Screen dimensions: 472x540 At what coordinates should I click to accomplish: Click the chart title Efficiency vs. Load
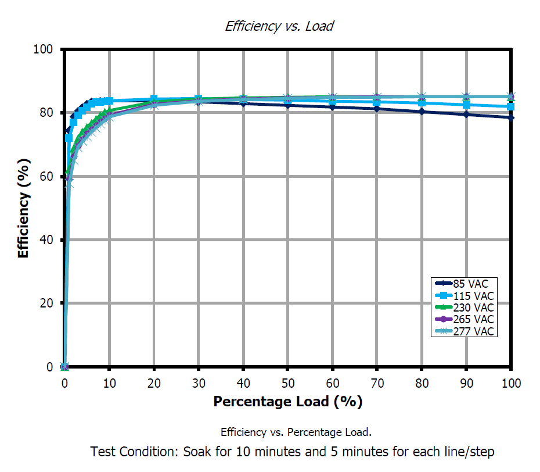[279, 26]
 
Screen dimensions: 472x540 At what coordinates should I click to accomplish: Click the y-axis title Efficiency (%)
[23, 209]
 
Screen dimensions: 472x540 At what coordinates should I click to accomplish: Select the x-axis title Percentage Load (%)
[287, 402]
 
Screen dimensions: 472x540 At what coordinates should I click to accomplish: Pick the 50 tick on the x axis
[287, 383]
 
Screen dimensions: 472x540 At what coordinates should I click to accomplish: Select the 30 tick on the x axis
[199, 383]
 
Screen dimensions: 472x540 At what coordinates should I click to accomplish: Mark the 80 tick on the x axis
[422, 383]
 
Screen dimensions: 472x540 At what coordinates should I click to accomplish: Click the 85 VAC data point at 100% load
[510, 117]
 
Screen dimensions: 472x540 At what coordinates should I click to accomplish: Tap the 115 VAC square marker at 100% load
[510, 106]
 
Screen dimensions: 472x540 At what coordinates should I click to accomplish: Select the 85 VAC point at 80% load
[422, 112]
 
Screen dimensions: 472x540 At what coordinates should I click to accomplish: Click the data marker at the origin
[65, 367]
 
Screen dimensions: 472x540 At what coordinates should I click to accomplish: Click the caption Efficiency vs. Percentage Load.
[296, 432]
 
